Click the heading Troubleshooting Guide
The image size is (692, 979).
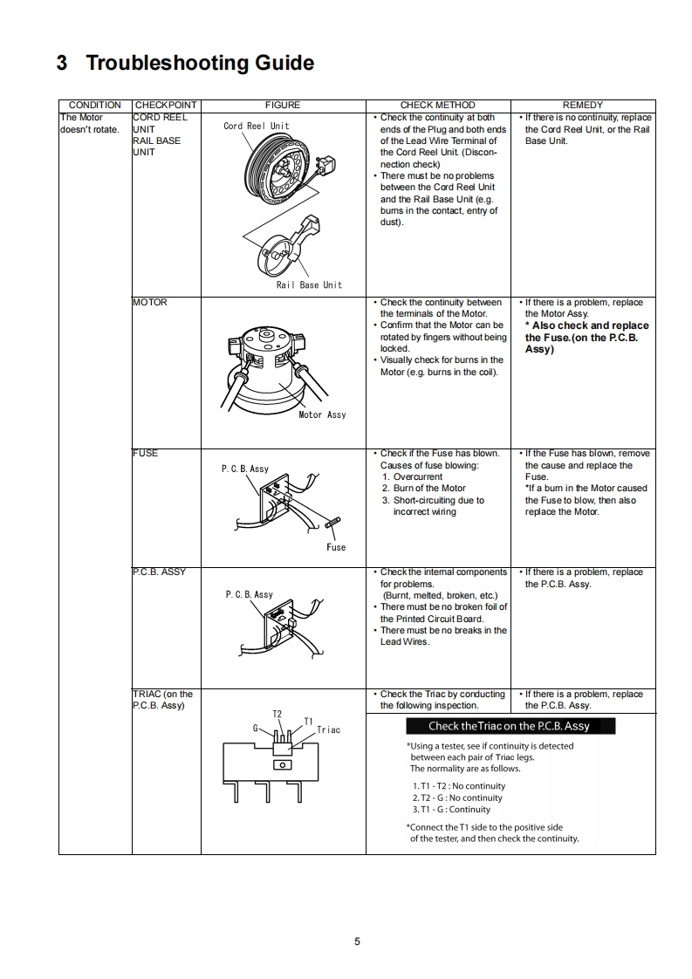[184, 63]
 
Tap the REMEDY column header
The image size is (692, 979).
[582, 105]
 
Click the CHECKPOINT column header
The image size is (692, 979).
[166, 105]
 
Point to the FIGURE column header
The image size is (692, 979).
[282, 105]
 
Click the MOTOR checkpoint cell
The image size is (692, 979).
[149, 302]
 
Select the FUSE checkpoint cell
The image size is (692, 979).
[145, 453]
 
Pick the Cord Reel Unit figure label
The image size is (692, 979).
[256, 126]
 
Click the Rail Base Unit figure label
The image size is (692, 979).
[309, 284]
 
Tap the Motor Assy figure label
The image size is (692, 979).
[322, 414]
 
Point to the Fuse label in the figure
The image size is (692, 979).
[336, 547]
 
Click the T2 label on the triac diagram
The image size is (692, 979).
[277, 714]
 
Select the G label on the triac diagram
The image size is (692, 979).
[256, 727]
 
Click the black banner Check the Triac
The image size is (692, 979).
[510, 726]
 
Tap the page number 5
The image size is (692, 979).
[357, 941]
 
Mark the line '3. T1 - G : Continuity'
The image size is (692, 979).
[451, 809]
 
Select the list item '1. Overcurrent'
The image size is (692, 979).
[412, 476]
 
